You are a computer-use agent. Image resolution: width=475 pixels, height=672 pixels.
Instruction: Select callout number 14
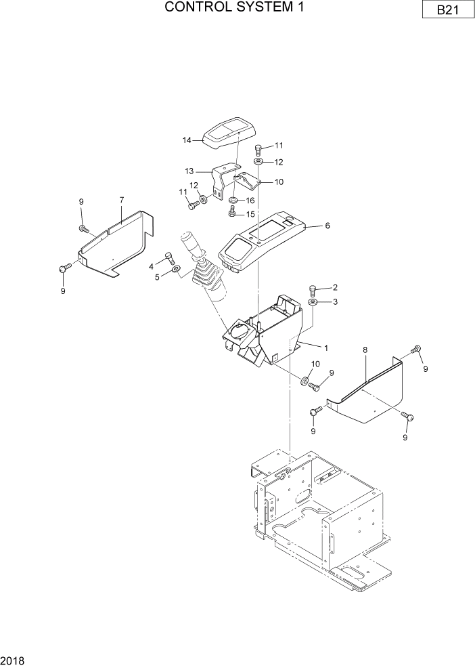pos(187,140)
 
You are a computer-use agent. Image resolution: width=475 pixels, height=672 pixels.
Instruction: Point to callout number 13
pos(190,172)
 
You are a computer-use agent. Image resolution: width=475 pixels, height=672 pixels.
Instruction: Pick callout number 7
pos(121,200)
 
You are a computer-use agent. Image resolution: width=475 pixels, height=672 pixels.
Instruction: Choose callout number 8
pos(365,350)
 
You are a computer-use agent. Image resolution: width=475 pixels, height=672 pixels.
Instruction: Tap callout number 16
pos(250,201)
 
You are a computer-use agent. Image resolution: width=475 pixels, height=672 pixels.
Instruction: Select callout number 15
pos(250,214)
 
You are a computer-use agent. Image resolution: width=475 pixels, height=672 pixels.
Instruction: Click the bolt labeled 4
pos(169,258)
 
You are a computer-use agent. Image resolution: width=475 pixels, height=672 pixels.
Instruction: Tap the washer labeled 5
pos(176,270)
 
